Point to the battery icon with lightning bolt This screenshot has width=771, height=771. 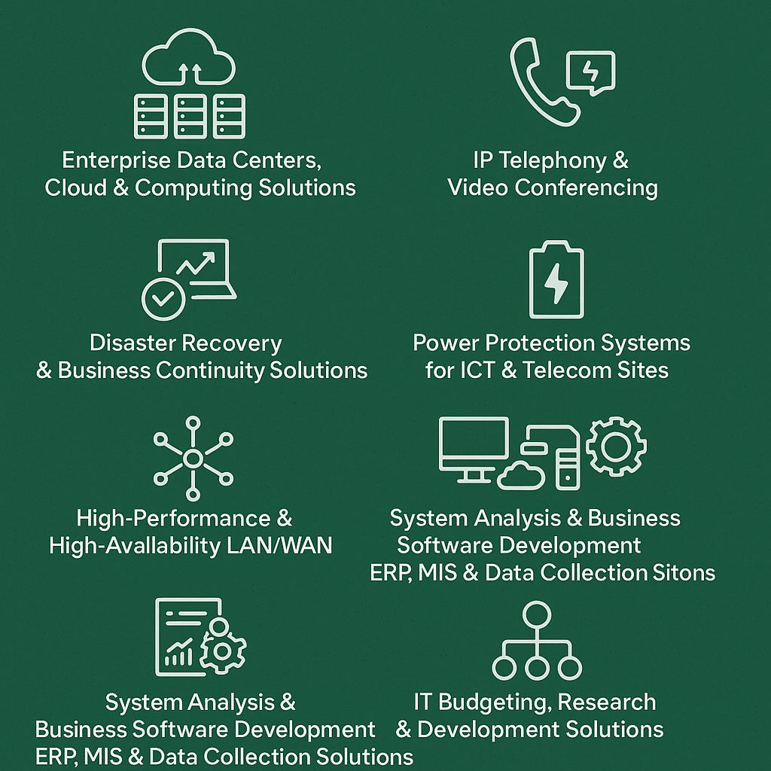pyautogui.click(x=556, y=280)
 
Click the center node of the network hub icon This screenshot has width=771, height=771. pyautogui.click(x=193, y=458)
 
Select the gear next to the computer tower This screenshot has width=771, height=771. pyautogui.click(x=616, y=446)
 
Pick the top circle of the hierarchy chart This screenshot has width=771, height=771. pyautogui.click(x=536, y=613)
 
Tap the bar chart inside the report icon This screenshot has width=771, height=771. pyautogui.click(x=178, y=654)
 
